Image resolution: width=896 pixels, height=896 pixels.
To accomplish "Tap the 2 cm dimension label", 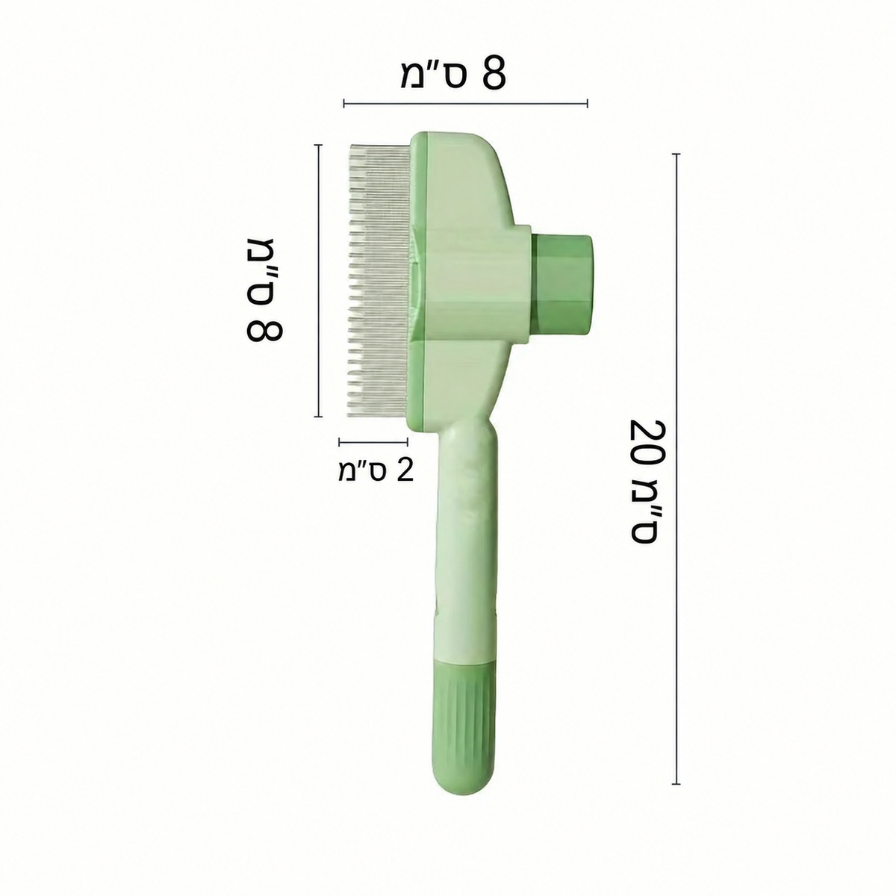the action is tap(376, 471).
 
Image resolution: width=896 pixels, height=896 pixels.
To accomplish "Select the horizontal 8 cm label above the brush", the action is tap(453, 73).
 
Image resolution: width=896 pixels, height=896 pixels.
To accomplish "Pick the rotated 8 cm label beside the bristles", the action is tap(264, 290).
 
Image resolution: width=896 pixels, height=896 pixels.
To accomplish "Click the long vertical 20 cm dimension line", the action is tap(676, 377).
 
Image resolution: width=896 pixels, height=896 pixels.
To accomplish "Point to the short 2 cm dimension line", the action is tap(373, 442).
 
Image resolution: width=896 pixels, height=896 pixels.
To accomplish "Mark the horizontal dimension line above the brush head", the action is tap(465, 103).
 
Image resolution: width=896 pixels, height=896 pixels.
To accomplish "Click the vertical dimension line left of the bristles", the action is tap(318, 281).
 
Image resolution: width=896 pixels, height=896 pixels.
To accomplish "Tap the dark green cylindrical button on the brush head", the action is tap(562, 285).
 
